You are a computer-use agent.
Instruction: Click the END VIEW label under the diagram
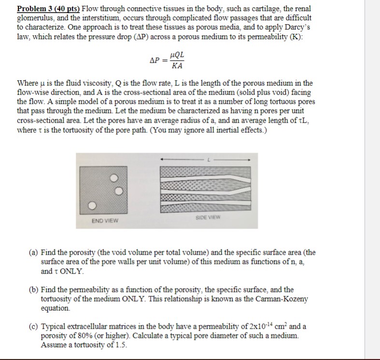click(x=105, y=221)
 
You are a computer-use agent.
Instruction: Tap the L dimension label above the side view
click(x=208, y=158)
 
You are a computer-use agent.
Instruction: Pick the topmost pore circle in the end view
click(x=114, y=178)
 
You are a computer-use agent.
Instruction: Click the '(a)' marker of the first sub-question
click(x=34, y=252)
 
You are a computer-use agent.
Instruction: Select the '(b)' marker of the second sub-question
click(x=34, y=289)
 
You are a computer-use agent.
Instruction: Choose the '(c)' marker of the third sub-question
click(x=34, y=326)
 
